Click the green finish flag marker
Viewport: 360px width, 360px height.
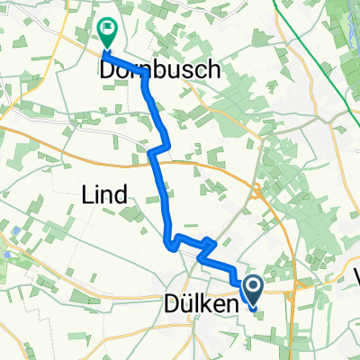click(107, 32)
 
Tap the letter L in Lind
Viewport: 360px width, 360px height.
click(88, 193)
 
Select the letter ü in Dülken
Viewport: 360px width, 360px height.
click(186, 307)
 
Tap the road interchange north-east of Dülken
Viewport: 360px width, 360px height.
click(256, 190)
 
